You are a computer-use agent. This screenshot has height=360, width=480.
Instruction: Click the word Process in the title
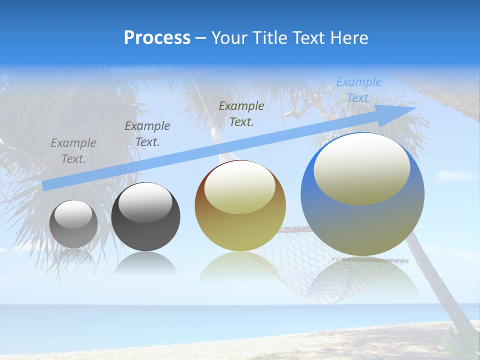pyautogui.click(x=157, y=38)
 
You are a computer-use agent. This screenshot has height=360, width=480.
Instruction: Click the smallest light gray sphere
pyautogui.click(x=73, y=224)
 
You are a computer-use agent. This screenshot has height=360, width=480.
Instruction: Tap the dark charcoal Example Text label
pyautogui.click(x=147, y=134)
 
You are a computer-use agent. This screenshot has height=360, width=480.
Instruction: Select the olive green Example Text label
pyautogui.click(x=241, y=113)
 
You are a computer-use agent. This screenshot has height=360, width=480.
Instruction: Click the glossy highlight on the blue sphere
pyautogui.click(x=361, y=168)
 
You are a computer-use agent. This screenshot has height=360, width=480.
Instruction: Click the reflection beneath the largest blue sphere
pyautogui.click(x=362, y=280)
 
